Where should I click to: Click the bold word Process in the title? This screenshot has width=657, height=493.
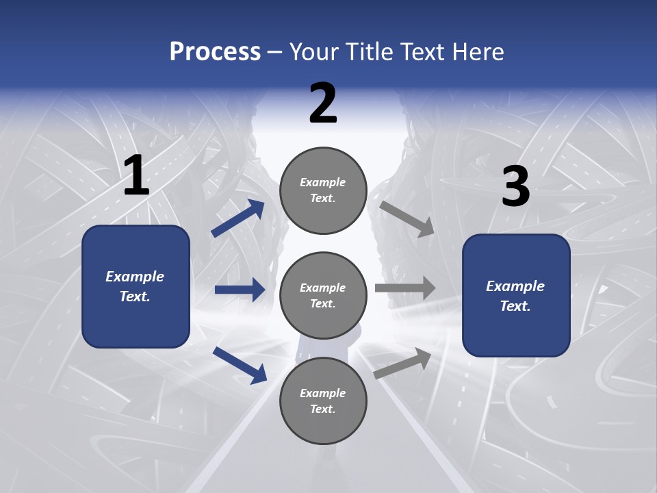(x=215, y=51)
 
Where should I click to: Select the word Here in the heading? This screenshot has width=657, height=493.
(x=477, y=51)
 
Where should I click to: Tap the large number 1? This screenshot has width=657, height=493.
(x=136, y=177)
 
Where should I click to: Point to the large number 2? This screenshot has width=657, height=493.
(x=323, y=103)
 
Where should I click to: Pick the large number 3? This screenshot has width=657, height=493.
(x=515, y=187)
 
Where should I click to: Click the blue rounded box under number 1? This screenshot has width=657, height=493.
(x=136, y=286)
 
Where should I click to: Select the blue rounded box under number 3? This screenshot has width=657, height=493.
(x=516, y=296)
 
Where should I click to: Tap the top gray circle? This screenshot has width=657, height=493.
(x=323, y=190)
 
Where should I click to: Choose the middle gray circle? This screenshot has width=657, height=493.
(x=323, y=296)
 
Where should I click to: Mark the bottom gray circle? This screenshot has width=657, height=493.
(x=323, y=401)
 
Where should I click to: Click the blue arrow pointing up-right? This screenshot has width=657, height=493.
(x=237, y=218)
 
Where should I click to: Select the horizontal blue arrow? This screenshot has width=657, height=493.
(x=240, y=290)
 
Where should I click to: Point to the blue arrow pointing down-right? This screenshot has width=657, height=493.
(x=240, y=364)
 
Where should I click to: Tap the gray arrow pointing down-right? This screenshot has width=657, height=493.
(x=407, y=218)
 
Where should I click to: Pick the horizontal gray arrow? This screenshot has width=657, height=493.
(x=405, y=288)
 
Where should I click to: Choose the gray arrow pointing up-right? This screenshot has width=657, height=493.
(x=403, y=363)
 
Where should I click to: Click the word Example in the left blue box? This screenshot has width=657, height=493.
(x=135, y=277)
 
